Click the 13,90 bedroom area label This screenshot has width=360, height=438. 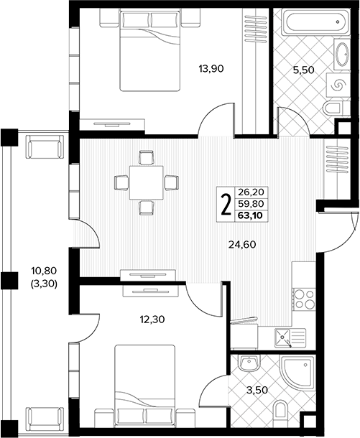point(211,68)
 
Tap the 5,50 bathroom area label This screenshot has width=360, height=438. point(303,70)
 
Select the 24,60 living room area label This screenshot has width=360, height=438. point(242,245)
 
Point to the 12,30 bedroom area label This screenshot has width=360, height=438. point(152,319)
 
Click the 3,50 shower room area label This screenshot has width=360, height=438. point(257,390)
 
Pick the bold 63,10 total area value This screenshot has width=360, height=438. point(251,215)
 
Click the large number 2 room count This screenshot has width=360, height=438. point(226,205)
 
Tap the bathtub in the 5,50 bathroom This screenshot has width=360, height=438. point(315,22)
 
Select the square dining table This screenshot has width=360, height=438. point(146,182)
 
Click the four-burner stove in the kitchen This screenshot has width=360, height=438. point(304,299)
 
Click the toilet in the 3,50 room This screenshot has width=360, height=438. point(280,410)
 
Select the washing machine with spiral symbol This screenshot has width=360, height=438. point(338,85)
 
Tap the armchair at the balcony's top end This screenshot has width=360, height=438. point(45,147)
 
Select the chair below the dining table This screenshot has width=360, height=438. point(147,208)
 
